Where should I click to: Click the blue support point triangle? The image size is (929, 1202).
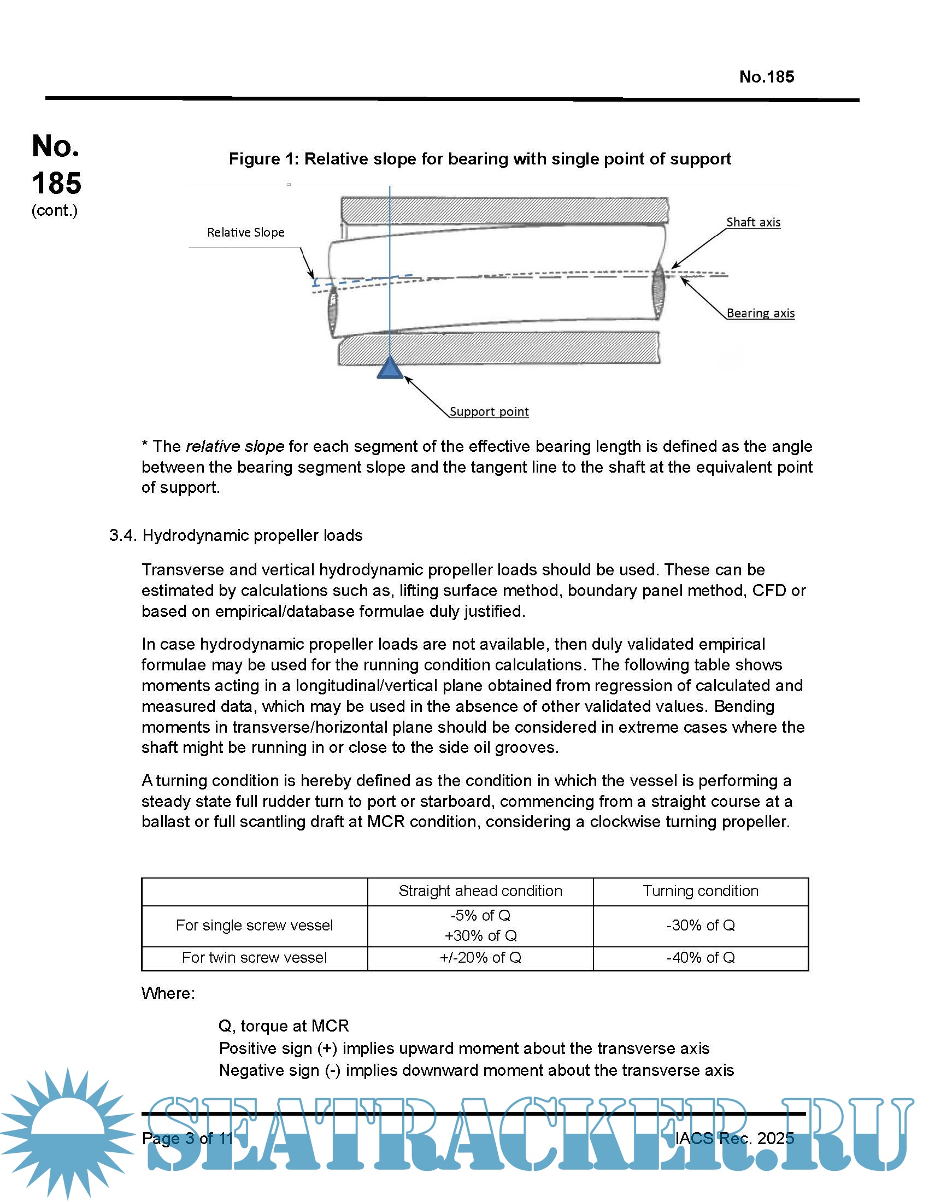(x=390, y=368)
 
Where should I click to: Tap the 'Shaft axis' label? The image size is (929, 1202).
(x=753, y=222)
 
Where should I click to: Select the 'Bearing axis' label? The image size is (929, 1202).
(x=760, y=313)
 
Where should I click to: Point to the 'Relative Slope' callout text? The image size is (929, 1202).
(x=245, y=232)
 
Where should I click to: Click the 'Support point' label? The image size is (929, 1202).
(x=489, y=411)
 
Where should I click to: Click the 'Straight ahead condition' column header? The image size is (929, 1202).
(x=480, y=891)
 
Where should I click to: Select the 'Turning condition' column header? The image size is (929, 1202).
(x=700, y=891)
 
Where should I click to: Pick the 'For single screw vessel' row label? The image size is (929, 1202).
(x=254, y=925)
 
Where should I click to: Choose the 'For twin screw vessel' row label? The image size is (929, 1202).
(x=254, y=958)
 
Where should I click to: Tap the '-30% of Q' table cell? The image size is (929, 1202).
(x=700, y=925)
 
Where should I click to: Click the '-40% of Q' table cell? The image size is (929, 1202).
(x=700, y=958)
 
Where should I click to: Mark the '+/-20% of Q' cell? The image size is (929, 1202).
(x=480, y=958)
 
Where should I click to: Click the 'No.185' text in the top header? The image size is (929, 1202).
(x=766, y=76)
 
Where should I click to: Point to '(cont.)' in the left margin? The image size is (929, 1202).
(x=55, y=210)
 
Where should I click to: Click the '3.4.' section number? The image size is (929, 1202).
(x=122, y=535)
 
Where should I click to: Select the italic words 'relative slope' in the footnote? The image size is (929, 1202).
(x=235, y=446)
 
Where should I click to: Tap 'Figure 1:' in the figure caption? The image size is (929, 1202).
(x=263, y=159)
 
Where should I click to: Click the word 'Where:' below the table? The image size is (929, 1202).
(x=168, y=993)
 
